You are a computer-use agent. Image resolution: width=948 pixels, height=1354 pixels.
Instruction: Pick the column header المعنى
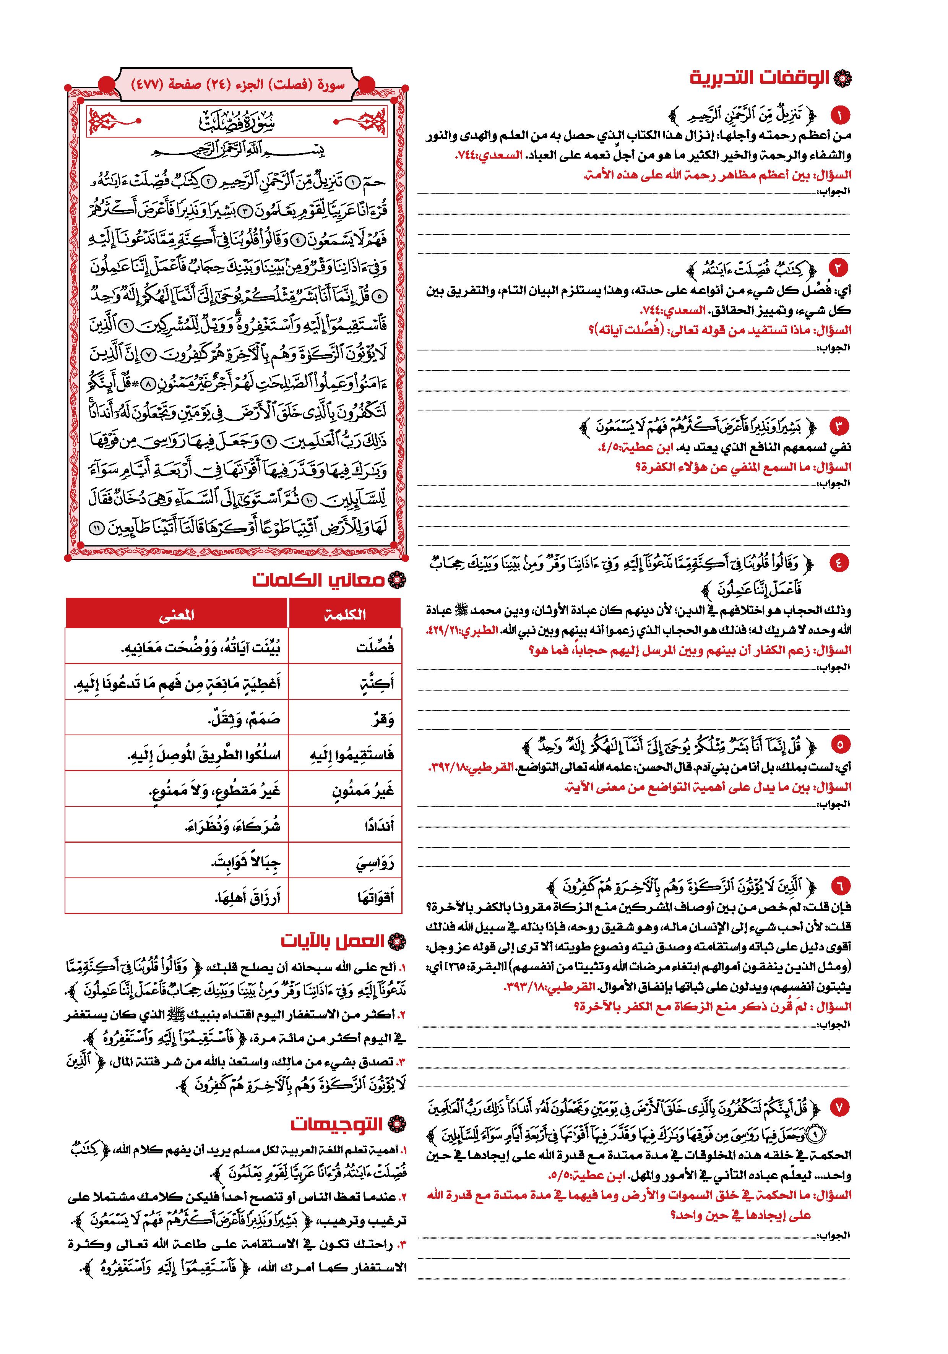[x=176, y=615]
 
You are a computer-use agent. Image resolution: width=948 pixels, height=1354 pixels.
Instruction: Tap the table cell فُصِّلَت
[x=375, y=647]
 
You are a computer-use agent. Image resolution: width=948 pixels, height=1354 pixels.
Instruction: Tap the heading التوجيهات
[x=336, y=1124]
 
